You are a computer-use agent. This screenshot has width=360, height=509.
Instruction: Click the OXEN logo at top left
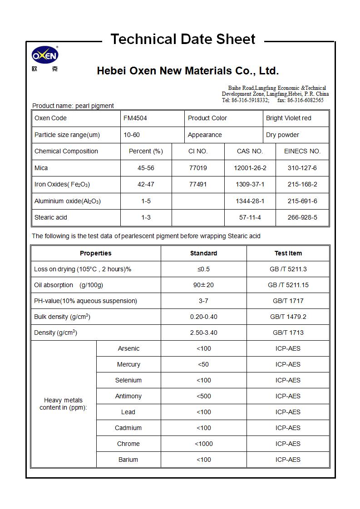click(44, 56)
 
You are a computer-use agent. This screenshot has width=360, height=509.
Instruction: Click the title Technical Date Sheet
click(183, 39)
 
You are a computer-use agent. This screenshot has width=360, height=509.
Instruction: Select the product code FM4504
click(135, 118)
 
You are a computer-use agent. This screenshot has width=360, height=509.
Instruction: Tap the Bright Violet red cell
click(289, 118)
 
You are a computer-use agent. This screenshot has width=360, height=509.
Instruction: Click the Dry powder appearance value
click(282, 135)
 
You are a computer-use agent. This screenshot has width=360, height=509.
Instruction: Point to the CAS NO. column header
click(250, 152)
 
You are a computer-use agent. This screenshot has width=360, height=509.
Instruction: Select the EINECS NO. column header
click(302, 152)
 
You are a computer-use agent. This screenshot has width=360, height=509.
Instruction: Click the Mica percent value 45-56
click(146, 168)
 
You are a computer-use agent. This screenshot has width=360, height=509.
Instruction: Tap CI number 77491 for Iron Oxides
click(198, 185)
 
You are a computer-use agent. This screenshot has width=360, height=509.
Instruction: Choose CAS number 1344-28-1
click(250, 201)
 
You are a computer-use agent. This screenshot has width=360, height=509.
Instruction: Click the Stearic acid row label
click(51, 218)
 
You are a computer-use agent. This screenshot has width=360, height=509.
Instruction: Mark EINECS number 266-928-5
click(302, 218)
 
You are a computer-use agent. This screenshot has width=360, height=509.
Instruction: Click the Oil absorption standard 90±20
click(203, 285)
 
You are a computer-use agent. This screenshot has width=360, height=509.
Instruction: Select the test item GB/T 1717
click(288, 301)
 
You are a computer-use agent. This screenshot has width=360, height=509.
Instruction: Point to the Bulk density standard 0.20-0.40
click(203, 317)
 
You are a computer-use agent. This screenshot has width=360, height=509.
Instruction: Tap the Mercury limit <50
click(203, 364)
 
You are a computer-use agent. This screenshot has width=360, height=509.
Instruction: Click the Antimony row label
click(128, 396)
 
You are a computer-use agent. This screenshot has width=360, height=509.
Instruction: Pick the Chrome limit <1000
click(203, 444)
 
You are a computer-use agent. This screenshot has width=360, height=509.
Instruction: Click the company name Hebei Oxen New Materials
click(187, 71)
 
